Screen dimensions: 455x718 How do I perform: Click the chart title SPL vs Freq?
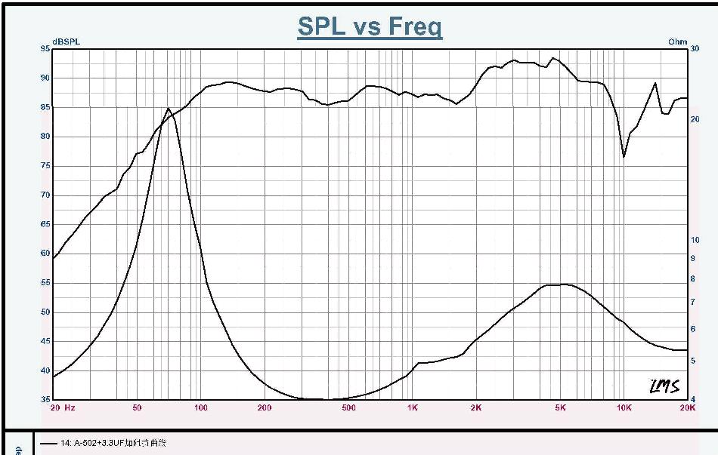370,26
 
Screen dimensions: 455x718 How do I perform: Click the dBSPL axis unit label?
66,42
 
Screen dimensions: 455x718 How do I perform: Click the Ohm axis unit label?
677,42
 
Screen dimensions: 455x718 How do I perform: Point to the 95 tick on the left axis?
45,48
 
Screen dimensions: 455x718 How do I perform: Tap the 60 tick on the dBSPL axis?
45,254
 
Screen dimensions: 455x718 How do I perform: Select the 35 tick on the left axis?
45,399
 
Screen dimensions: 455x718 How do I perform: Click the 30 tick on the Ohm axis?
695,48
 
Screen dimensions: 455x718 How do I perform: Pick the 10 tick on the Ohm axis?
695,240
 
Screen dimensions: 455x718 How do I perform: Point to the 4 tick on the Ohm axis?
693,399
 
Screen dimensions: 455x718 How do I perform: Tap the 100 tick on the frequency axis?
200,408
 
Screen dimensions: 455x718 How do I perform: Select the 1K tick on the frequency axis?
412,408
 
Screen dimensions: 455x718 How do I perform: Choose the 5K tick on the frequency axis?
560,408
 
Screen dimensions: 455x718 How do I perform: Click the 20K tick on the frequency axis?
687,408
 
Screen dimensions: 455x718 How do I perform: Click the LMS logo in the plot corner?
665,386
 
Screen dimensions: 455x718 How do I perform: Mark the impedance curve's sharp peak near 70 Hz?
168,109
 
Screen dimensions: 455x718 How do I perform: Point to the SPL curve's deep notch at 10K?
624,156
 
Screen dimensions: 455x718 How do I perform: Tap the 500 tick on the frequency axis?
348,408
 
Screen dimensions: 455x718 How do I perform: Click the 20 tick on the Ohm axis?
695,119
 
